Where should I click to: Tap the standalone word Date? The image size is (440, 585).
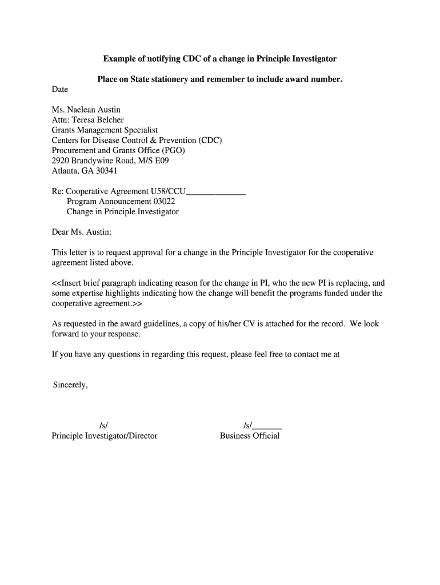click(60, 89)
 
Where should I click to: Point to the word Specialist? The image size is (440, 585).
click(139, 130)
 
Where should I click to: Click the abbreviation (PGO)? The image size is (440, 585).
click(174, 150)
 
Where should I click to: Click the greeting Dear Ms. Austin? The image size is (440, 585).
click(82, 232)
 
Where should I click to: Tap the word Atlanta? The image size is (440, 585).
click(66, 171)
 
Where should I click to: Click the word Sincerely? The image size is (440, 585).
click(70, 385)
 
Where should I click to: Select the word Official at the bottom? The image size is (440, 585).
click(266, 436)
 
